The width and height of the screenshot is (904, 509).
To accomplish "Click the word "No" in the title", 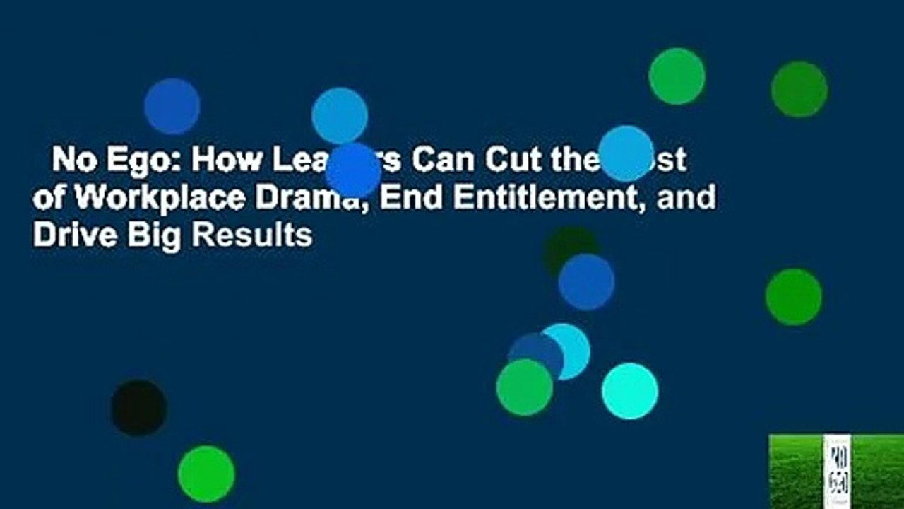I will (70, 161).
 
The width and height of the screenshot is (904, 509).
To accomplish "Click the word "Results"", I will (253, 235).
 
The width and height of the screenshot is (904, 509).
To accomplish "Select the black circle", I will (138, 408).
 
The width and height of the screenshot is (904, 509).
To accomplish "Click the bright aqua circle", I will (629, 391).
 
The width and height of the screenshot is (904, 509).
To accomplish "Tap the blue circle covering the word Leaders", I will (353, 170).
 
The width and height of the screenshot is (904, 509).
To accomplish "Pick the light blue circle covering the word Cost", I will (626, 153).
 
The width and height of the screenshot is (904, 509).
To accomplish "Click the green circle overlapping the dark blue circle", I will (524, 387).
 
